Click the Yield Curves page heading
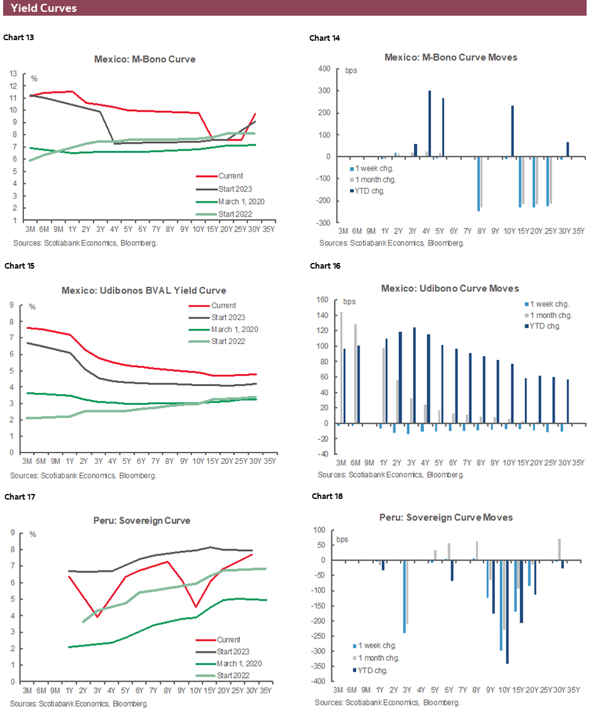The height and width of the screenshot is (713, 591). coord(44,8)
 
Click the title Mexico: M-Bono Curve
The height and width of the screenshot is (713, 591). coord(145,60)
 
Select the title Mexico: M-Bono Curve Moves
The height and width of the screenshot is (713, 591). coord(450,57)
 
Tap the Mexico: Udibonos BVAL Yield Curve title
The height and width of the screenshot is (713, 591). coord(144,291)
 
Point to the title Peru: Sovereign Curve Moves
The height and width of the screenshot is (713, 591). coord(446,517)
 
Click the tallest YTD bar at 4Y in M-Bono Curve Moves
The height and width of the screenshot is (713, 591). coord(430,124)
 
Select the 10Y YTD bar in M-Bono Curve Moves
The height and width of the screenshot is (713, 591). coord(513,131)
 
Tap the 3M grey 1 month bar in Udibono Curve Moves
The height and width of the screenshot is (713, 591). coord(341,367)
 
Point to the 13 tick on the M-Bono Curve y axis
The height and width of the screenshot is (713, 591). coord(14,73)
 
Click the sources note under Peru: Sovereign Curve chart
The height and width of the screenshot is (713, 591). coord(79,704)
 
